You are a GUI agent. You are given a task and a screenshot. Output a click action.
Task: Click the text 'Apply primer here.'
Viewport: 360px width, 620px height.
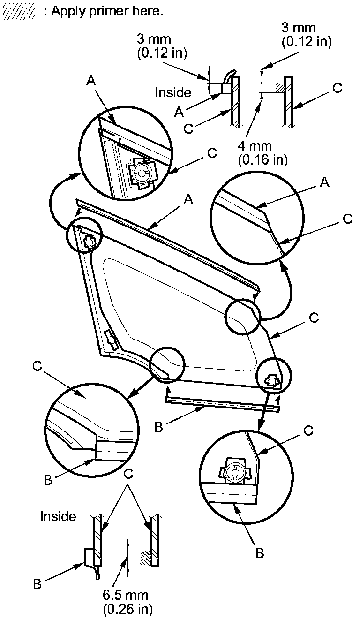[107, 11]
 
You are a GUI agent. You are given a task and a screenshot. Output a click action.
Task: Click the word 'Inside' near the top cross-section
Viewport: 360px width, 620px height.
[173, 92]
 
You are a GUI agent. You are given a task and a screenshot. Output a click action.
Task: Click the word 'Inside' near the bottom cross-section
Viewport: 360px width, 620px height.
[58, 516]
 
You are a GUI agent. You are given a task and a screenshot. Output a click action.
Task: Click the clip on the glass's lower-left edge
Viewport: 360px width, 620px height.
[111, 339]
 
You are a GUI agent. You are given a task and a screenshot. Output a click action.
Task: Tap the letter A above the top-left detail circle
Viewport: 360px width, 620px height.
[92, 81]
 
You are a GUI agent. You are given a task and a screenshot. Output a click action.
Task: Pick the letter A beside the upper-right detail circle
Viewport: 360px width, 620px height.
[323, 183]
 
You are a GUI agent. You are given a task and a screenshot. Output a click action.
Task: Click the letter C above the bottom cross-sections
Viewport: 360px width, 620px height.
[128, 474]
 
